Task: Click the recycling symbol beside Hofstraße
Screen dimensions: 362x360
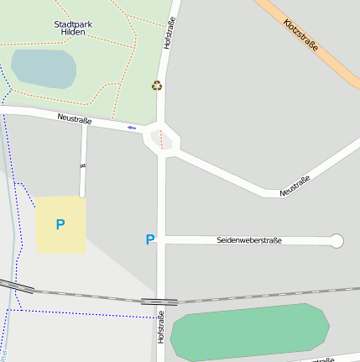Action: point(157,85)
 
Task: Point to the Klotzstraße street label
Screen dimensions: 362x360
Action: point(300,35)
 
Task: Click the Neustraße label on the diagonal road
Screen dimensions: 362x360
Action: point(295,186)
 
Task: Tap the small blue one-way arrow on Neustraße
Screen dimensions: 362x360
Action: point(131,127)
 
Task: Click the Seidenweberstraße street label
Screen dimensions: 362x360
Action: point(249,241)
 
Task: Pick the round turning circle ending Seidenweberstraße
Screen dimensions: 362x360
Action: point(337,241)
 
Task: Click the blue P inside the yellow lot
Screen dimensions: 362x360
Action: point(60,225)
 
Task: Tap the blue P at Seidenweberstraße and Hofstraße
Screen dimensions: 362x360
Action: point(150,240)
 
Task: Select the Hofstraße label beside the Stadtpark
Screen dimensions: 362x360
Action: point(170,32)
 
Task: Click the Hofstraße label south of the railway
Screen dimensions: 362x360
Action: point(159,327)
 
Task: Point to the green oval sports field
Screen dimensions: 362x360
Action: point(249,333)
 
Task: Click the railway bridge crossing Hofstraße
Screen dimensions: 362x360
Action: point(159,300)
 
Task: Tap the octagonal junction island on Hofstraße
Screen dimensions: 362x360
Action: point(161,139)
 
